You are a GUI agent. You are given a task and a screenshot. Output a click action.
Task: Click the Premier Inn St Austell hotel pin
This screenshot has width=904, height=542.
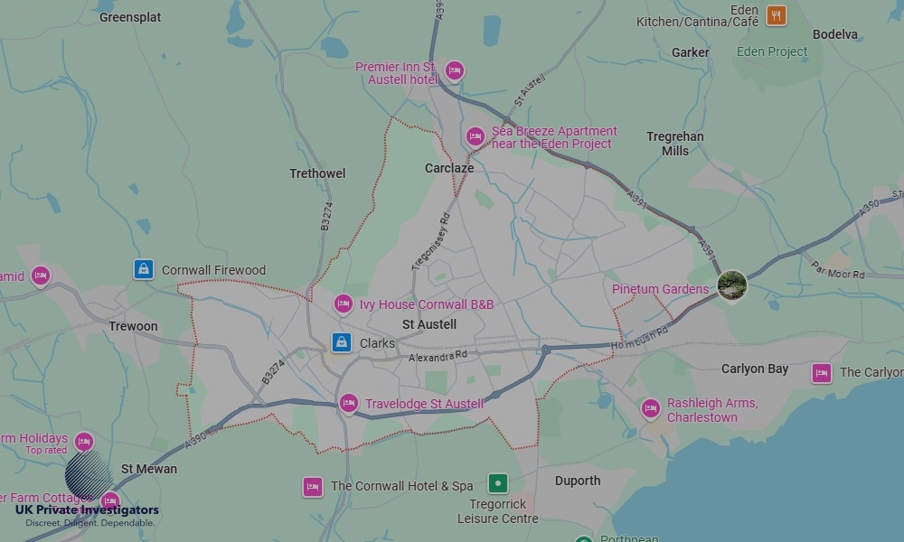pyautogui.click(x=454, y=70)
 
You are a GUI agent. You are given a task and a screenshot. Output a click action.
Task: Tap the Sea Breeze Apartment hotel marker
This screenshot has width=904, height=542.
pyautogui.click(x=476, y=136)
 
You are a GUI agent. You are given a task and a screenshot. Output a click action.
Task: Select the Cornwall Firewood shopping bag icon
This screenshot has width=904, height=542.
pyautogui.click(x=143, y=269)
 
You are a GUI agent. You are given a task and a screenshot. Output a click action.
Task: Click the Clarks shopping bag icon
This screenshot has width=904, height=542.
pyautogui.click(x=341, y=342)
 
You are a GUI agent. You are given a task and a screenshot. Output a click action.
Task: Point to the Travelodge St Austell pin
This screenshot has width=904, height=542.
pyautogui.click(x=349, y=403)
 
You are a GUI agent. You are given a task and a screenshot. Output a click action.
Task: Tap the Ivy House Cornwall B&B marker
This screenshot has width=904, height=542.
pyautogui.click(x=343, y=304)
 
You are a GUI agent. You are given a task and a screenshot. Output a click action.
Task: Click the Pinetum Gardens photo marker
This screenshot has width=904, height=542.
pyautogui.click(x=732, y=285)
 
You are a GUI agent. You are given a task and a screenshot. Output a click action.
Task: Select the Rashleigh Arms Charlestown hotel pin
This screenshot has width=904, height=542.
pyautogui.click(x=650, y=408)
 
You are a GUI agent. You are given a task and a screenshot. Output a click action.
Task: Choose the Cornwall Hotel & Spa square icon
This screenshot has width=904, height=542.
pyautogui.click(x=313, y=487)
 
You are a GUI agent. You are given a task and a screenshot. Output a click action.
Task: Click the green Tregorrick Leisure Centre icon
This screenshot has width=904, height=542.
pyautogui.click(x=498, y=483)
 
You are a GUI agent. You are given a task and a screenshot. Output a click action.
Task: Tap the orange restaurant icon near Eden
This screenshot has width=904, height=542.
pyautogui.click(x=776, y=15)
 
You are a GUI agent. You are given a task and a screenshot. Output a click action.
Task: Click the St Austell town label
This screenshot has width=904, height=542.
pyautogui.click(x=429, y=324)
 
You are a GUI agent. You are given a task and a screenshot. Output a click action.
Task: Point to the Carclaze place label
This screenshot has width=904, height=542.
pyautogui.click(x=449, y=168)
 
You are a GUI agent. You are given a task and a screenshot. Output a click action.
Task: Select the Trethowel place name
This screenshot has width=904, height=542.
pyautogui.click(x=317, y=173)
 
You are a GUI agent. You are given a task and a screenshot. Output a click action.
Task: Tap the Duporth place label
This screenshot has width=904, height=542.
pyautogui.click(x=578, y=481)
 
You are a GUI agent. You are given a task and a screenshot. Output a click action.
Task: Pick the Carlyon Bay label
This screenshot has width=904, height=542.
pyautogui.click(x=755, y=369)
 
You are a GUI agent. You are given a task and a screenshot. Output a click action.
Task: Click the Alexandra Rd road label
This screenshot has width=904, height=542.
pyautogui.click(x=438, y=357)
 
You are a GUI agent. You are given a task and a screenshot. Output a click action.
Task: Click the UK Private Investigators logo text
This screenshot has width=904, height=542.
pyautogui.click(x=87, y=510)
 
